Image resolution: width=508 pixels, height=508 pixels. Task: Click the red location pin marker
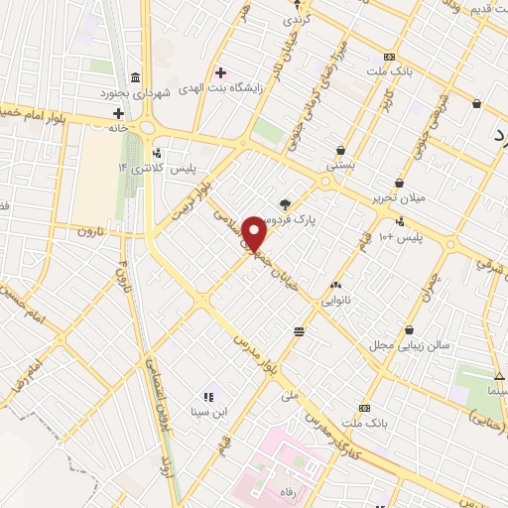(255, 232)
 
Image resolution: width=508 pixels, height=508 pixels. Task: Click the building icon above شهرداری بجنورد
(134, 78)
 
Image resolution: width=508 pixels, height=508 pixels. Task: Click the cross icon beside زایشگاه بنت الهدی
(220, 73)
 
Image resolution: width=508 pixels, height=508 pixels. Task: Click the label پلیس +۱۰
(403, 238)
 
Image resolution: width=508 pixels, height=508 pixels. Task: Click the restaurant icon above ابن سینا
(208, 397)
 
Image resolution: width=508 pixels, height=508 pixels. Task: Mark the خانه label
(118, 127)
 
